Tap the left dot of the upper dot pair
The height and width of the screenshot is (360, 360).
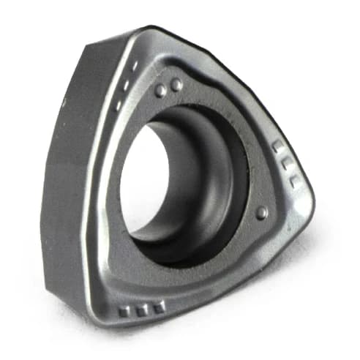(160, 90)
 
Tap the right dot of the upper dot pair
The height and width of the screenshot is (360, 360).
(176, 85)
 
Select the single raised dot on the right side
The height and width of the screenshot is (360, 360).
(261, 212)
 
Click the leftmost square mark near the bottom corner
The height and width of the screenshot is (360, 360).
(124, 311)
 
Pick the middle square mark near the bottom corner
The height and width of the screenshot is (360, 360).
(141, 310)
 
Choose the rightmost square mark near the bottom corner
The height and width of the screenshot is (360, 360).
(158, 307)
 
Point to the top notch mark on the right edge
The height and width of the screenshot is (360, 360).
(277, 146)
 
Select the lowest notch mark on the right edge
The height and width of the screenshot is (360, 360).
(293, 179)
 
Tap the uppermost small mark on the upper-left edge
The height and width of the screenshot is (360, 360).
(135, 66)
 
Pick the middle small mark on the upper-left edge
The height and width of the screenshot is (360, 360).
(127, 85)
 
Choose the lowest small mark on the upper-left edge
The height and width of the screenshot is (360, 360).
(119, 105)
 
